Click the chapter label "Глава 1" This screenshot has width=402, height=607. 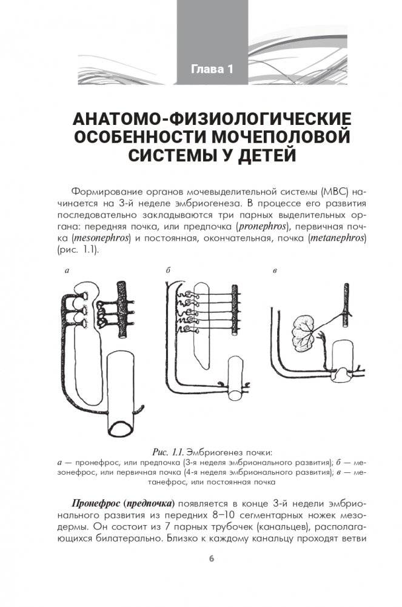212,69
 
